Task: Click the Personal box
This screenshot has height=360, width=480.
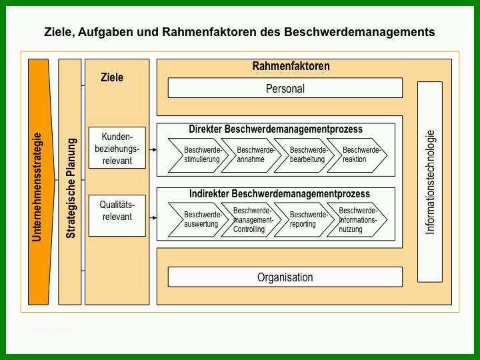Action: [x=285, y=88]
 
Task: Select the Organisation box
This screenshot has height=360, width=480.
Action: [x=285, y=277]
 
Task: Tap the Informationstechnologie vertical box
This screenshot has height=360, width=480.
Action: [x=430, y=182]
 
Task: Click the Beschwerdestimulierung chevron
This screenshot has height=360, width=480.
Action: [x=199, y=155]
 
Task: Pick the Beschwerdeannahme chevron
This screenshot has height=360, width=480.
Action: [x=251, y=155]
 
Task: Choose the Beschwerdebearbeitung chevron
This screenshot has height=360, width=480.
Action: [x=304, y=155]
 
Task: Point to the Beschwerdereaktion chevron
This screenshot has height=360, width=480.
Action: [x=357, y=155]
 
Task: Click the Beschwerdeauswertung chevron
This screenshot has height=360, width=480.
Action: [x=199, y=219]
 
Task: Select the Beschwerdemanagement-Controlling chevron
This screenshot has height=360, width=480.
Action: [x=251, y=219]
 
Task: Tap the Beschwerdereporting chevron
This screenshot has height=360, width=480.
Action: [x=304, y=219]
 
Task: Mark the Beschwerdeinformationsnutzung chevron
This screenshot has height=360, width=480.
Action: [x=357, y=219]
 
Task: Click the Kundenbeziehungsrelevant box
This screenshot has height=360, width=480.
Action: [x=117, y=148]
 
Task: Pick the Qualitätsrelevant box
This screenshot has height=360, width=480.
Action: [x=117, y=215]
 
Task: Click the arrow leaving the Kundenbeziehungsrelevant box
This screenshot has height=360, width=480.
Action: [x=153, y=150]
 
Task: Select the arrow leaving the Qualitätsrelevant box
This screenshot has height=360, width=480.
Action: [x=153, y=217]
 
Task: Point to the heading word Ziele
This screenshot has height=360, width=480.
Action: [x=112, y=77]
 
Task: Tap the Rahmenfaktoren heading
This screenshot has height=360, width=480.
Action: [x=291, y=66]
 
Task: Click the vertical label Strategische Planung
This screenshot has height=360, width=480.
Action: [x=71, y=188]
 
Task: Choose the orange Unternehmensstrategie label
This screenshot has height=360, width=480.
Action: [x=37, y=187]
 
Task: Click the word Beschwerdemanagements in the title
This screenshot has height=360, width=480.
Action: [x=360, y=32]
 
